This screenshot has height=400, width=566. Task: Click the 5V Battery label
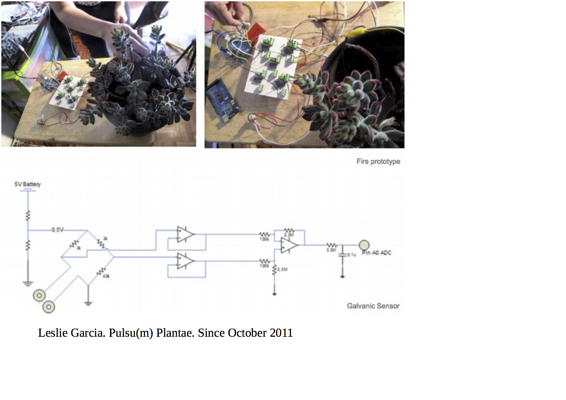[x=27, y=184]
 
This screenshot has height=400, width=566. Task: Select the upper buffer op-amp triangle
[x=185, y=234]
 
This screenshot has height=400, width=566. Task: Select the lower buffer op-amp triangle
[x=185, y=261]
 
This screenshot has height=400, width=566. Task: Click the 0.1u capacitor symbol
[x=342, y=255]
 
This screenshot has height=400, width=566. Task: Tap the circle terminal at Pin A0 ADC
[x=364, y=245]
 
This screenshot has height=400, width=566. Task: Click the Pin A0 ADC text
[x=377, y=253]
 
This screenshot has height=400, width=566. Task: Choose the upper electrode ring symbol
[x=39, y=295]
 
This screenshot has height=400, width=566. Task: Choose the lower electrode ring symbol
[x=49, y=307]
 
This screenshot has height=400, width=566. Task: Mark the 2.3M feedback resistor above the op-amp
[x=289, y=231]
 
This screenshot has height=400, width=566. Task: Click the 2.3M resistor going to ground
[x=275, y=270]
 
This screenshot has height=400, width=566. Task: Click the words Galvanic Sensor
[x=373, y=306]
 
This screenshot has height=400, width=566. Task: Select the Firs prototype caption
[x=378, y=161]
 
